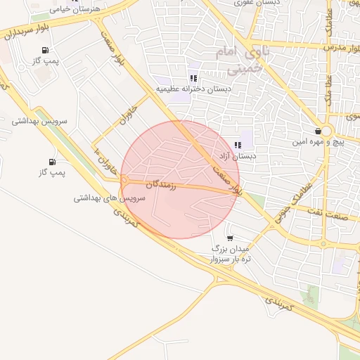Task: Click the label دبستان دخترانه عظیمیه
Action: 193,89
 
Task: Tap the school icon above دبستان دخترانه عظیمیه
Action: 193,78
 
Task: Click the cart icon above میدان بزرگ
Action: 230,238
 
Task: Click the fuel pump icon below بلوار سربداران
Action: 46,50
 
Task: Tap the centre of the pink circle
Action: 180,179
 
